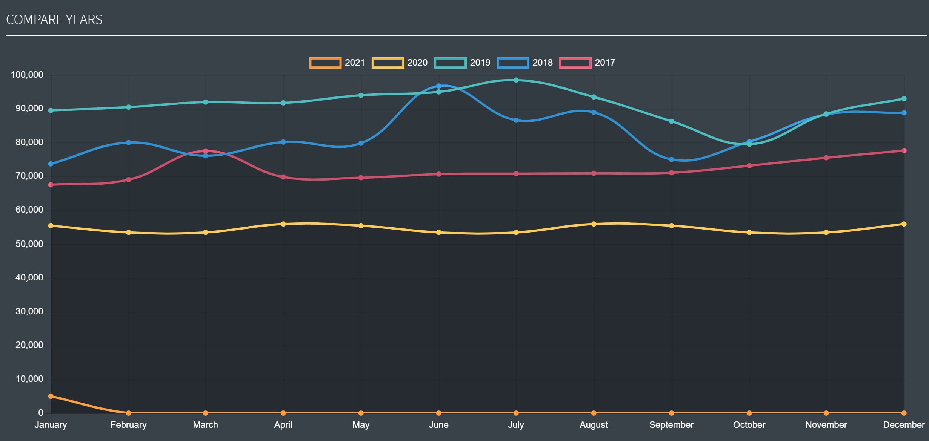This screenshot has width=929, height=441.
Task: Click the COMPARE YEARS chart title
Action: [x=54, y=20]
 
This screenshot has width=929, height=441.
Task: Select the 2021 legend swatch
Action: [x=325, y=63]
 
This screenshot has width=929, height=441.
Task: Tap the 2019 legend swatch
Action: [x=450, y=63]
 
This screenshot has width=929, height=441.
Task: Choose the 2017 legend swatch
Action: [x=575, y=63]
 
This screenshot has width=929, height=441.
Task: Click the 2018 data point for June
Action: [x=438, y=86]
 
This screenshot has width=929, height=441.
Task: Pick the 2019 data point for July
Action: [x=516, y=80]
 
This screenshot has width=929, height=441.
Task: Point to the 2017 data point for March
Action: [x=206, y=151]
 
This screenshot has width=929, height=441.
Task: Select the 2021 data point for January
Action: [x=51, y=396]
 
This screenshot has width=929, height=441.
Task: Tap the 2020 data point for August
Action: [x=594, y=224]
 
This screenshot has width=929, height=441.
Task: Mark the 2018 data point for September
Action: [x=672, y=159]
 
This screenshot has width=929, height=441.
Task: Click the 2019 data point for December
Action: [x=904, y=99]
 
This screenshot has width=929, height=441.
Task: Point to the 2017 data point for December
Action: [x=904, y=150]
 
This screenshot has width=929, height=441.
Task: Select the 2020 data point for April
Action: [x=283, y=224]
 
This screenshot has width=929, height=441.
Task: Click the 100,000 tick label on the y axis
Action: [x=27, y=75]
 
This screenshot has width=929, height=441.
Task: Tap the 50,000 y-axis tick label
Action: [x=29, y=244]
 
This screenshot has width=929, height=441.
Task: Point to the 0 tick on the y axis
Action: [x=40, y=413]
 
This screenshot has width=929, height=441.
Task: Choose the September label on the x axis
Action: [x=671, y=425]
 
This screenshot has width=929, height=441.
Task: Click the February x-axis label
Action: [x=128, y=425]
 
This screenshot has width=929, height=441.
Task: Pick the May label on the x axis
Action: [x=361, y=425]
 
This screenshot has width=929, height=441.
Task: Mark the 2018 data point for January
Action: [x=51, y=164]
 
